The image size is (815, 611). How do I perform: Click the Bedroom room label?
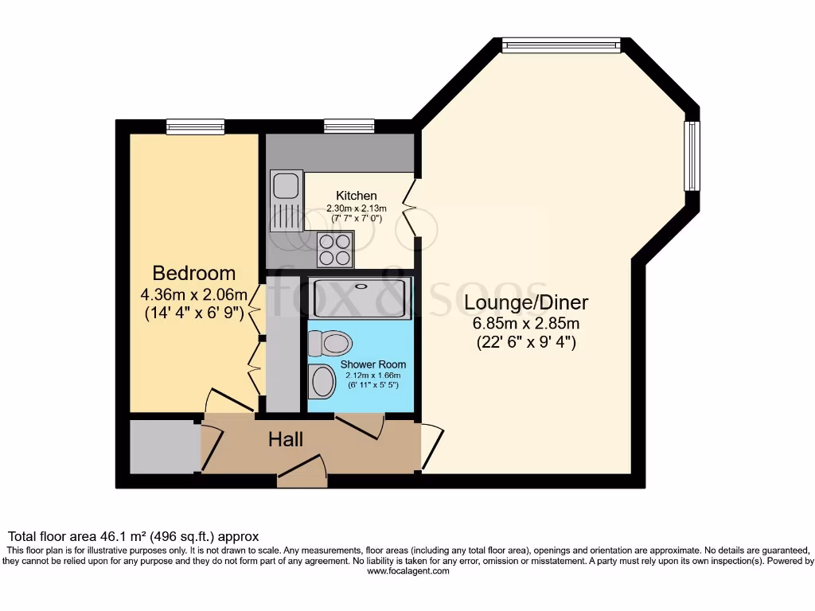[193, 274]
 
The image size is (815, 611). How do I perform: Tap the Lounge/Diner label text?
[526, 303]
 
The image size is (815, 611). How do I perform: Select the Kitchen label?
[356, 196]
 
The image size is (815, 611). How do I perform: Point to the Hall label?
[285, 439]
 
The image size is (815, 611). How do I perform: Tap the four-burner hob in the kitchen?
[335, 249]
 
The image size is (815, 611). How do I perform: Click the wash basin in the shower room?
[323, 381]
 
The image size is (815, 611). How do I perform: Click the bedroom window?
[195, 126]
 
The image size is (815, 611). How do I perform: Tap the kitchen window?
[349, 126]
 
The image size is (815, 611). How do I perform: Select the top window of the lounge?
[561, 45]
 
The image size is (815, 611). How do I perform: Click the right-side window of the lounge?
[692, 156]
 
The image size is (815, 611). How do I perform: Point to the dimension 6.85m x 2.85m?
[526, 324]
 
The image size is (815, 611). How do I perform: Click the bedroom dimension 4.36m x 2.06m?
[193, 294]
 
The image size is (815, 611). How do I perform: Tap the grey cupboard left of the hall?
[164, 448]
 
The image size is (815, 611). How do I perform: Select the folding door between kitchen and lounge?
[411, 207]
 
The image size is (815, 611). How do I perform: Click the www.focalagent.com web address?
[407, 571]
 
